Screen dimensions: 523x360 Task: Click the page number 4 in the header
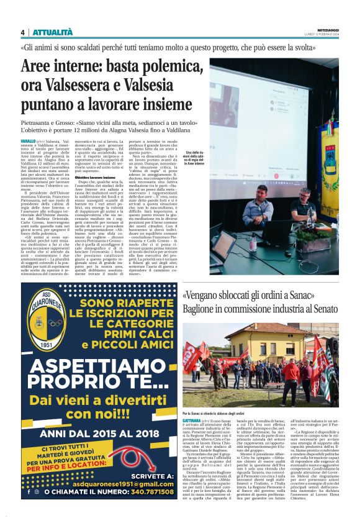click(x=22, y=32)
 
